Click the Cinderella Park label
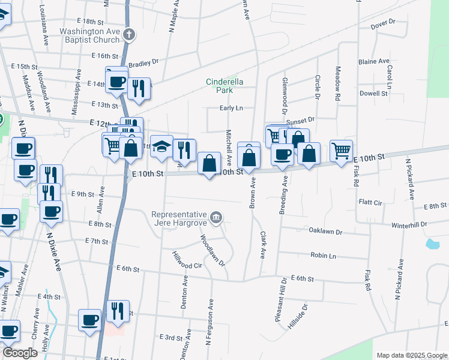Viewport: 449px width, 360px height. coord(219,86)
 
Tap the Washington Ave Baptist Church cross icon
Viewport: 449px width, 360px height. coord(129,35)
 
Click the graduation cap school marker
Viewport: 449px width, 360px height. coord(161,147)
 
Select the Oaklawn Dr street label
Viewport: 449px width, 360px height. coord(325,231)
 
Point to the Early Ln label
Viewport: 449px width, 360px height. coord(231,109)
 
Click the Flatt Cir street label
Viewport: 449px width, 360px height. coord(370,203)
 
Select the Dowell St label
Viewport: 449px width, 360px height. coord(373,94)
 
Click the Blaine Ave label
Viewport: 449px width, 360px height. coord(373,62)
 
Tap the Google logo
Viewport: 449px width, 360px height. coord(19,352)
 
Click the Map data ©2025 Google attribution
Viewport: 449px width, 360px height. coord(412,355)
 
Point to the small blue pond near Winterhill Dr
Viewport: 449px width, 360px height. coord(432,244)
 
